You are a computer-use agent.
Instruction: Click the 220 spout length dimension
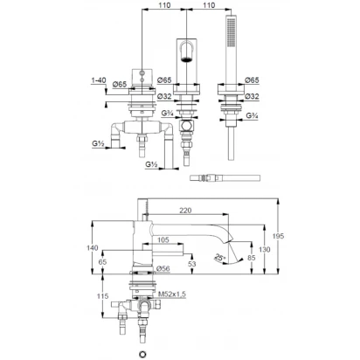coord(185,210)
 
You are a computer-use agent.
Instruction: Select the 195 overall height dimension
coord(278,236)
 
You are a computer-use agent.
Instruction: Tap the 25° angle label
coord(220,257)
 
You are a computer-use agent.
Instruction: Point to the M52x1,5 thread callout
coord(172,294)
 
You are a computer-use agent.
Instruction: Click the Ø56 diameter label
coord(163,268)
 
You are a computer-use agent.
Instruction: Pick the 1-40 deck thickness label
coord(99,80)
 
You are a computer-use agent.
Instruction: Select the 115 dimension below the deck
coord(102,296)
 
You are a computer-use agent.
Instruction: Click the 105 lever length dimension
coord(163,239)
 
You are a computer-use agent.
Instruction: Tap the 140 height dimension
coord(93,248)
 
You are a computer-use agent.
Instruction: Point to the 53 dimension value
coord(192,264)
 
